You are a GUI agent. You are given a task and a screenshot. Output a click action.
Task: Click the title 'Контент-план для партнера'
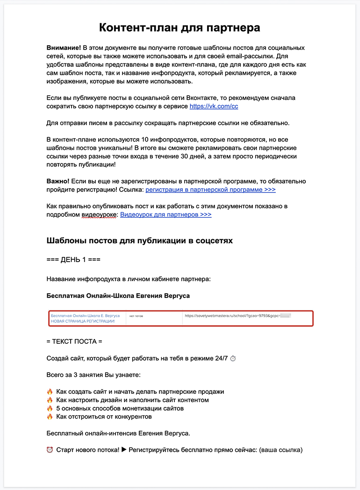point(180,28)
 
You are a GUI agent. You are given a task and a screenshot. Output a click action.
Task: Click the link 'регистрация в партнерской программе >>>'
point(210,190)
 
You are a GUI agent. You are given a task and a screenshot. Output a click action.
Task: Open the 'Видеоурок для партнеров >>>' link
point(166,214)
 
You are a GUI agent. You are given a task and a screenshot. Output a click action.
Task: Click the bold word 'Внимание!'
point(64,48)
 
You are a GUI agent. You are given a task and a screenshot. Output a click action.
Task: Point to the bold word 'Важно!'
point(58,181)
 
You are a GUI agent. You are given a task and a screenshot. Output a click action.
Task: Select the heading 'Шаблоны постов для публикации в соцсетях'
point(140,241)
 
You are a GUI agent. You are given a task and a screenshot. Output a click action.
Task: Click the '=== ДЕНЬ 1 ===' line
point(73,260)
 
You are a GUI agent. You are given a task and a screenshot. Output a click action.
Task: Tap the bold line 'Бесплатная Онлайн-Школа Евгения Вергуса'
point(118,296)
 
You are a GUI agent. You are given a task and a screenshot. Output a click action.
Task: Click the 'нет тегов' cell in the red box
point(137,316)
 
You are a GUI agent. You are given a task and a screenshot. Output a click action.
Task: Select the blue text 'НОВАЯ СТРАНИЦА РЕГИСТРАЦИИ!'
point(82,321)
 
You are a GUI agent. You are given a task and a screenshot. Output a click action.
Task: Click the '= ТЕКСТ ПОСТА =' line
point(74,341)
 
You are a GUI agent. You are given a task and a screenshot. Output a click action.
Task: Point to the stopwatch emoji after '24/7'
point(233,359)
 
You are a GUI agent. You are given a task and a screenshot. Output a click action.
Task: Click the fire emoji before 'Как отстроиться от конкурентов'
point(50,417)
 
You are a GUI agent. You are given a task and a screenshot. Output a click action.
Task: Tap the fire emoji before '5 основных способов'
point(50,408)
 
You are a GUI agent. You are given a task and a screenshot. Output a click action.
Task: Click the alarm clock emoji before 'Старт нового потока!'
point(50,450)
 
